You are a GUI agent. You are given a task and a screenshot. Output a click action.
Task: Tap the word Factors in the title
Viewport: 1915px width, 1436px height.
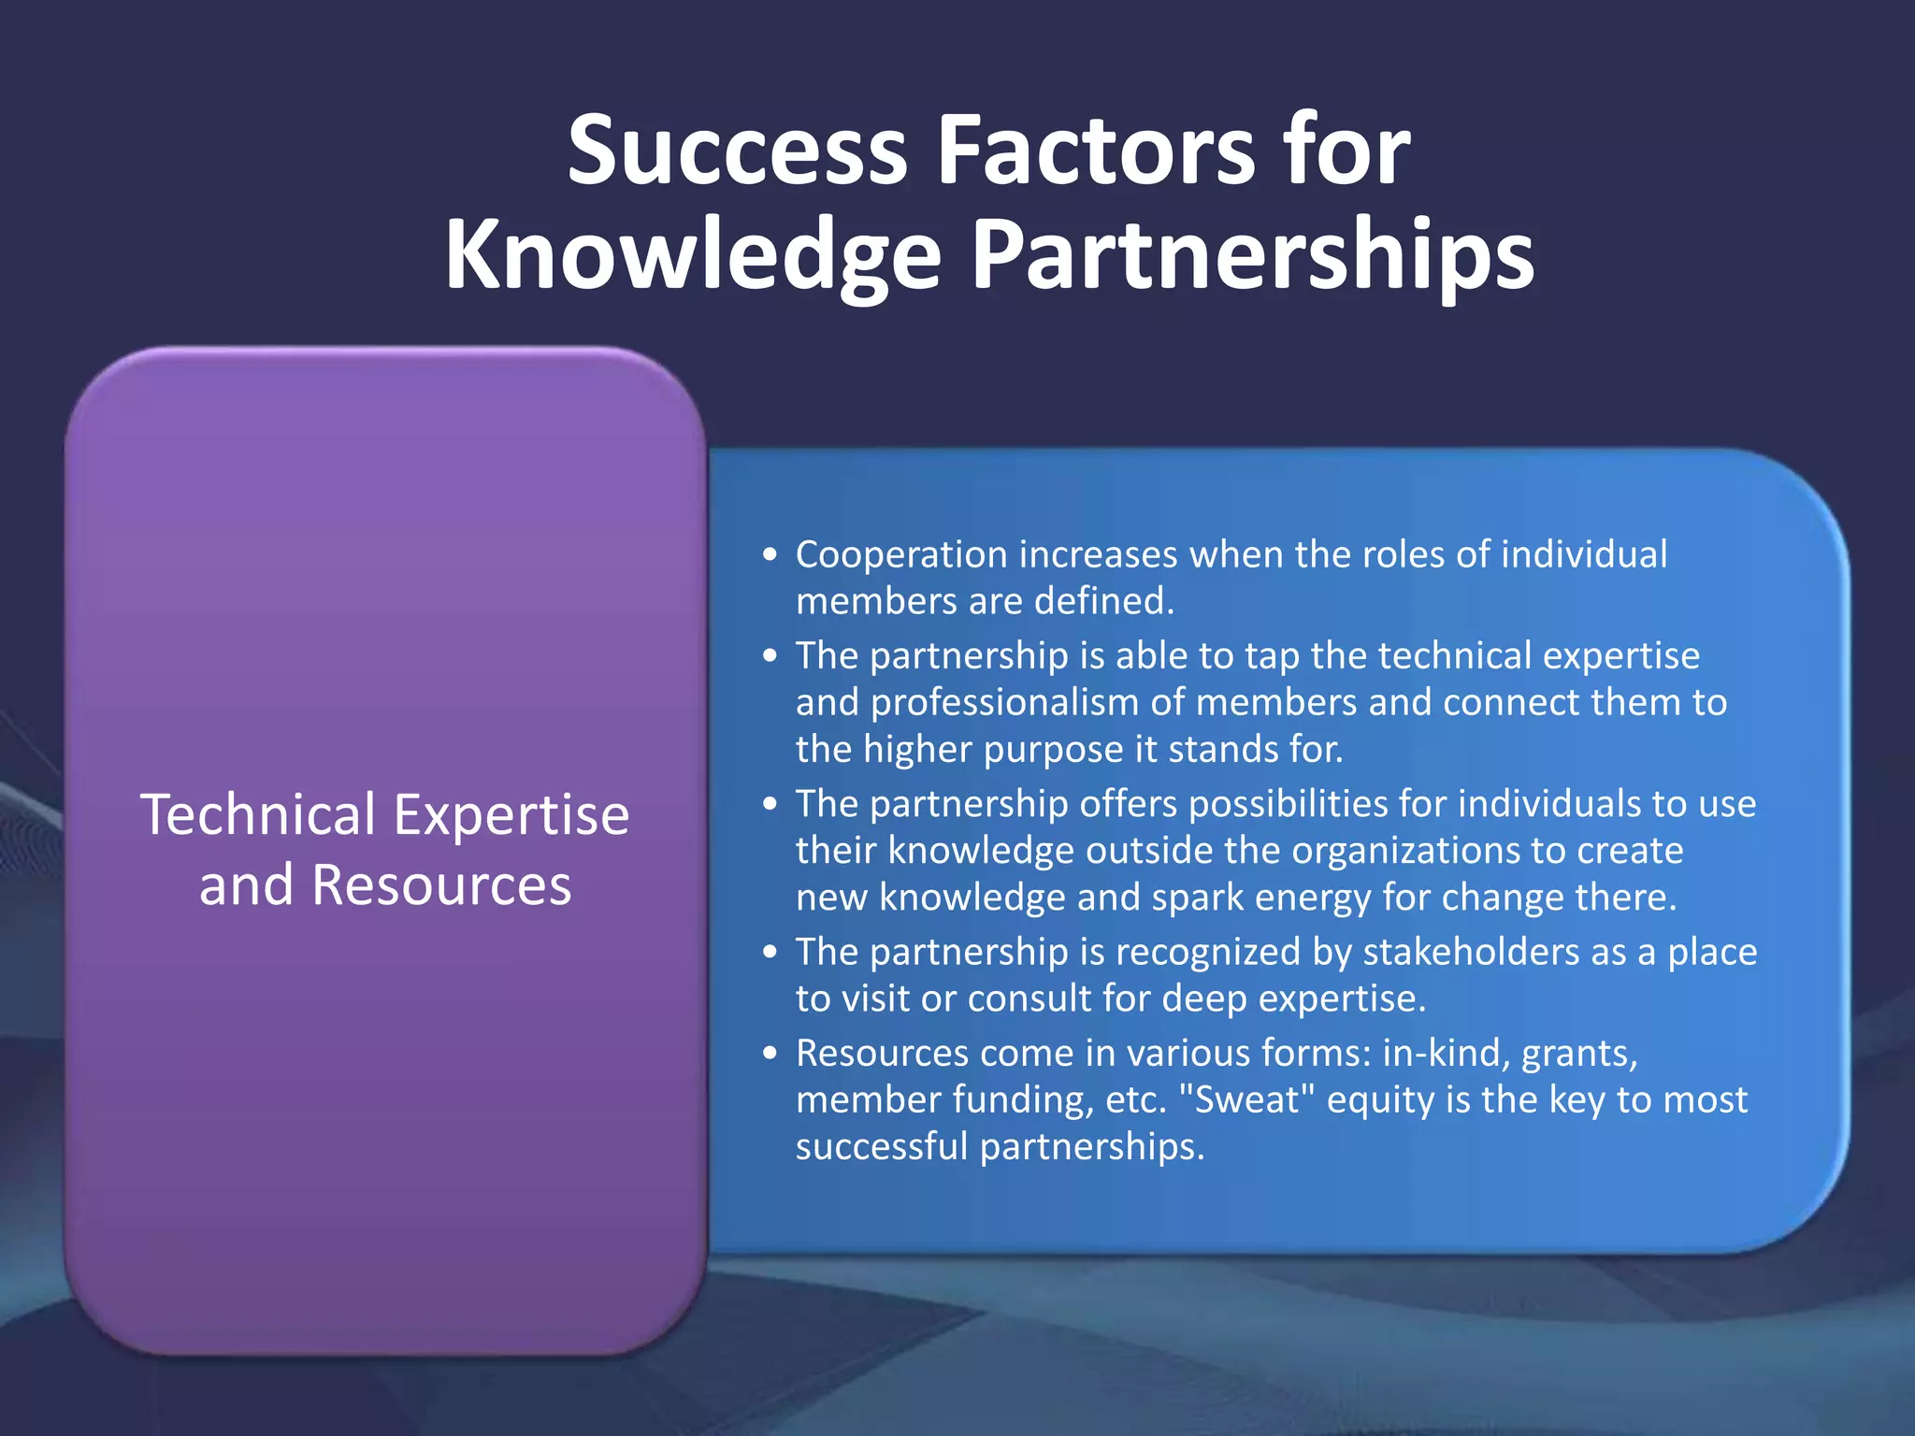[x=1095, y=150]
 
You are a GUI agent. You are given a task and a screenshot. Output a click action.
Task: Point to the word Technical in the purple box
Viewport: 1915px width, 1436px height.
[x=258, y=814]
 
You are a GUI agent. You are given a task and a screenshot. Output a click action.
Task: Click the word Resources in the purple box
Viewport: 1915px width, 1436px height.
[x=441, y=885]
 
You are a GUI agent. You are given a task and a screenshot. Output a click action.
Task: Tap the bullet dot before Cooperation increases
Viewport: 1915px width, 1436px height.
[x=770, y=555]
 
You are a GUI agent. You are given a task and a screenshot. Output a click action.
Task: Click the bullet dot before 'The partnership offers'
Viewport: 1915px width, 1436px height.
[x=770, y=804]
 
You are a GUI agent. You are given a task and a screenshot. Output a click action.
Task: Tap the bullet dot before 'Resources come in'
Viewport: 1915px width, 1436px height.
[x=770, y=1054]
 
